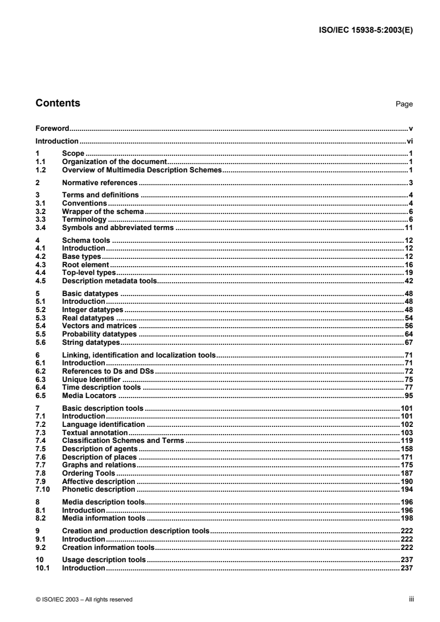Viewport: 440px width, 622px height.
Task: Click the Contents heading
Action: pos(58,103)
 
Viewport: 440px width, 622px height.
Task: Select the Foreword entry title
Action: pos(52,128)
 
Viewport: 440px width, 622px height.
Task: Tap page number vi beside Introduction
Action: pos(410,141)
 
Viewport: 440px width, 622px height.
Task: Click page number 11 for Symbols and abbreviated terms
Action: pos(409,227)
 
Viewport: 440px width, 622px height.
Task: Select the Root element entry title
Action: pos(85,266)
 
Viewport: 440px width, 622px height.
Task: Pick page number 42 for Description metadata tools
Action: pos(409,281)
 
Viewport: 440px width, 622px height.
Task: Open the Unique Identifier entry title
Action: pos(91,380)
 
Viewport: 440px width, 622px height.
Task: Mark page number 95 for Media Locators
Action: pos(409,395)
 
